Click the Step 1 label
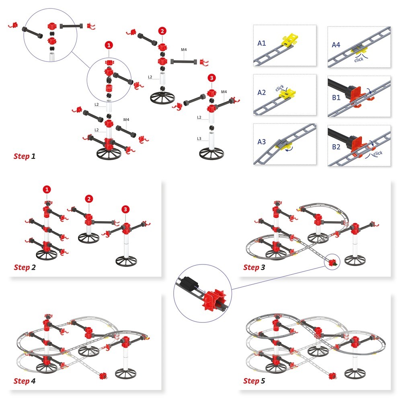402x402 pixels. click(x=25, y=156)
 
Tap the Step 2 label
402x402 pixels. click(x=25, y=267)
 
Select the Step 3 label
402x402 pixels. click(x=254, y=267)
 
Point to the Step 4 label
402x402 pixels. click(x=25, y=381)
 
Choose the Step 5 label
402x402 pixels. click(x=254, y=381)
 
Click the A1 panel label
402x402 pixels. click(x=262, y=43)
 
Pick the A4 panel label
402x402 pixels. click(x=336, y=45)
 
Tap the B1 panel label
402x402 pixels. click(x=336, y=97)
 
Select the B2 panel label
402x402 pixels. click(x=336, y=147)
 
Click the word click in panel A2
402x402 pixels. click(x=280, y=88)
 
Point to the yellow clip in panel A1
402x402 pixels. click(x=290, y=39)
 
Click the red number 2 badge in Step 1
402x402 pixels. click(x=162, y=31)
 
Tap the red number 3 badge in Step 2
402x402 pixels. click(x=125, y=209)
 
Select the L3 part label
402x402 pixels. click(x=199, y=138)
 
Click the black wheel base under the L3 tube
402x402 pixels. click(x=211, y=154)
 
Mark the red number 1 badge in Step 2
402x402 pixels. click(x=47, y=189)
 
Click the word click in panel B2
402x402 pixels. click(x=378, y=153)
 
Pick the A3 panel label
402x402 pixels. click(x=262, y=142)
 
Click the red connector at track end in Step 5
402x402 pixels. click(x=332, y=376)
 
